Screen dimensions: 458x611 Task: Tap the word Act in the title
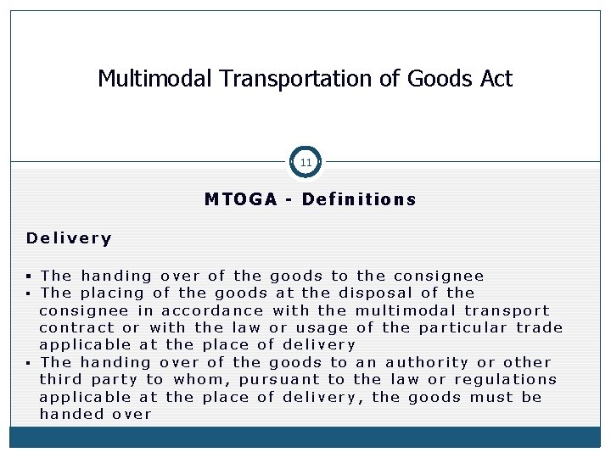pos(496,79)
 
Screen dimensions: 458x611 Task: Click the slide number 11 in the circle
pos(305,161)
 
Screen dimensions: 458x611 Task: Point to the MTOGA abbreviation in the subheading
pos(241,200)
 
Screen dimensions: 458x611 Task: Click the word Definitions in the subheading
pos(359,200)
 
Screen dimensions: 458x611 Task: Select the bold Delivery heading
pos(69,238)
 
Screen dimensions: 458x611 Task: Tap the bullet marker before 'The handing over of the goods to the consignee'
pos(30,276)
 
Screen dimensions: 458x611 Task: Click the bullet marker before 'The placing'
pos(30,293)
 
